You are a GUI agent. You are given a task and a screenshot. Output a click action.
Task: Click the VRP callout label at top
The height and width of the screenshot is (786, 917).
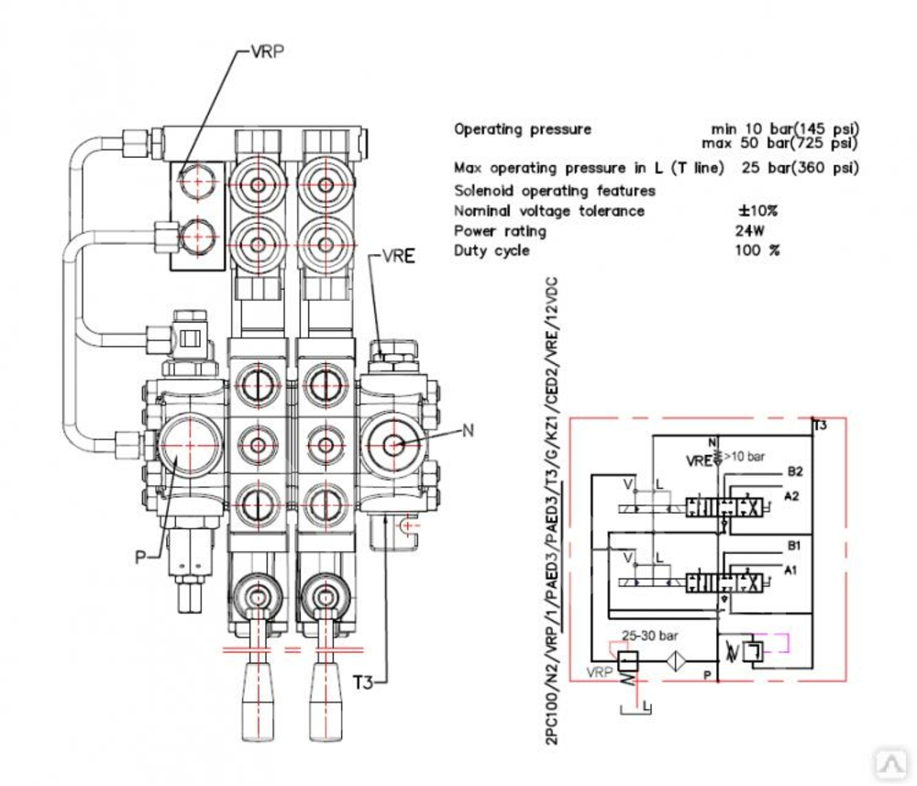coord(267,51)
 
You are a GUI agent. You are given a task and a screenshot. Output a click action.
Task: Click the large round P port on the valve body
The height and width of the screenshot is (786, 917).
coord(190,444)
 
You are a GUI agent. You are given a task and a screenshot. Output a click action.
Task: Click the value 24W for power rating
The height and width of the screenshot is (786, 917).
coord(750,231)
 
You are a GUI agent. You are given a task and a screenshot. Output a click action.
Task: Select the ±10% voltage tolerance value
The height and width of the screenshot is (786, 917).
coord(757,211)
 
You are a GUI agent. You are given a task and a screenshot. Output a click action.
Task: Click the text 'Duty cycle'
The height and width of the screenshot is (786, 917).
coord(492,250)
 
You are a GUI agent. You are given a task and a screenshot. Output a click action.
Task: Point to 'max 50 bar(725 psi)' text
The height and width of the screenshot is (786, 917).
coord(779,143)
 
